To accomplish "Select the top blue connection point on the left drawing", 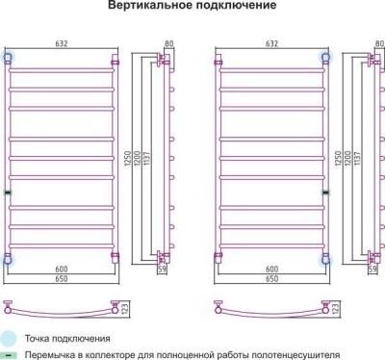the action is click(10, 58).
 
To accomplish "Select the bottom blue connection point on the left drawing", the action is click(10, 258).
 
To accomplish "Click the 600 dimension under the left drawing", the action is click(63, 270).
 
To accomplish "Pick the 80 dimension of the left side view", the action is click(168, 43).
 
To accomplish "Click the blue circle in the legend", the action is click(8, 339).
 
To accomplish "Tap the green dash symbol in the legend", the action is click(8, 355).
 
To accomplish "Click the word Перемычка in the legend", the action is click(51, 355).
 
